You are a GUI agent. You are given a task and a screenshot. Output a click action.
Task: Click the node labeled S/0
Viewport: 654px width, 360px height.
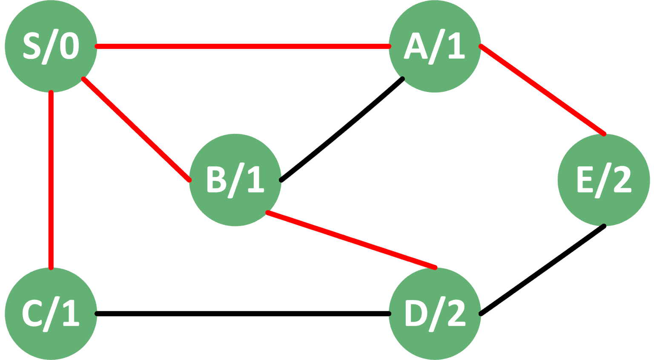(51, 46)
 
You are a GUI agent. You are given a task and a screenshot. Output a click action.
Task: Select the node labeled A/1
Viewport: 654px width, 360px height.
(435, 46)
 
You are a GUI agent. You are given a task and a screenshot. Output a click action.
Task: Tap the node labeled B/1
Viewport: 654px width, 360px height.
(235, 180)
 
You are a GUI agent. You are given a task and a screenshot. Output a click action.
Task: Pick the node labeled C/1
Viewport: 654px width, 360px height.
(51, 314)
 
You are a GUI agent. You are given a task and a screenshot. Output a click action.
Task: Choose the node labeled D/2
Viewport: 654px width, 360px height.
(435, 314)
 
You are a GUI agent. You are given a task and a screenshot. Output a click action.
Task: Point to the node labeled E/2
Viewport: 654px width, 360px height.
(604, 180)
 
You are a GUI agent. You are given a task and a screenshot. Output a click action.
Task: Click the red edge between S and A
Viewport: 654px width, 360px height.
(243, 46)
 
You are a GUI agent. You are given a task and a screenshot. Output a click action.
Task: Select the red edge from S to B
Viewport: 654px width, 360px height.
(136, 130)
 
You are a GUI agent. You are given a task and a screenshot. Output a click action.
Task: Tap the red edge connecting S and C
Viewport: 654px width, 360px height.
(51, 180)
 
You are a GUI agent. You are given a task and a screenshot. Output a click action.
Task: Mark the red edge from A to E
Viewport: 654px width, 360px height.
(542, 90)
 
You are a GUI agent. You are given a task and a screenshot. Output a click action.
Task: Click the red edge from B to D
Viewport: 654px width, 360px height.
(351, 240)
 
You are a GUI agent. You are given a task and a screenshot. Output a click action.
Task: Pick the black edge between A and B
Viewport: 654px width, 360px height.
(341, 130)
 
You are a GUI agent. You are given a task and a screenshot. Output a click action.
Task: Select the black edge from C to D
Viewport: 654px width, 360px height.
(243, 314)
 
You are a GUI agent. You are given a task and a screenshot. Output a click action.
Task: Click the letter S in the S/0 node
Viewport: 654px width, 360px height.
(32, 46)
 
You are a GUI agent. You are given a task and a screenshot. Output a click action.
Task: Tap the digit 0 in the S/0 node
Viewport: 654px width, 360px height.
(69, 46)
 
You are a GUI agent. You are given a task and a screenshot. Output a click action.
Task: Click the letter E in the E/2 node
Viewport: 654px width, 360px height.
(585, 179)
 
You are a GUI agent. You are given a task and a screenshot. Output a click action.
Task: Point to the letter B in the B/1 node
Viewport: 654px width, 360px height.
(217, 179)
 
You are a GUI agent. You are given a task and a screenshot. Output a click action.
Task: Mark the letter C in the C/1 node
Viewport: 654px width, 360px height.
(32, 313)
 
